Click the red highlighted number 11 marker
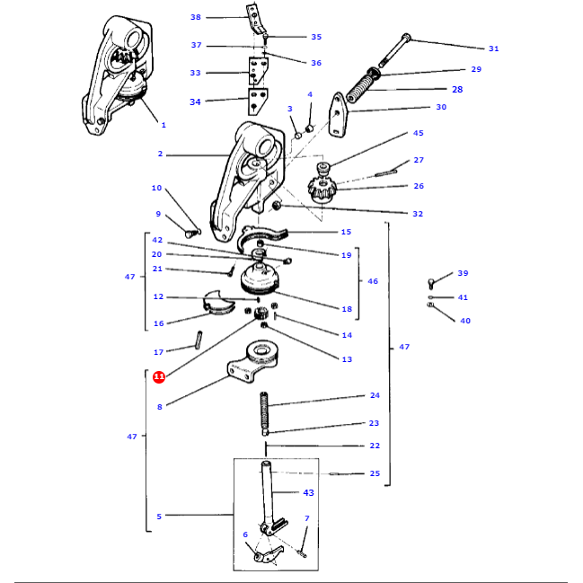158,377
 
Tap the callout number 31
493,49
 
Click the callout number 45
418,133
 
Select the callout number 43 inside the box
308,493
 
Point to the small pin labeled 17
199,342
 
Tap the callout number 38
196,17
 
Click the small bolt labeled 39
432,284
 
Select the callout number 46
373,281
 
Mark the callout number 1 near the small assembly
163,124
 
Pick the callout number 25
375,473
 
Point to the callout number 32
418,214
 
